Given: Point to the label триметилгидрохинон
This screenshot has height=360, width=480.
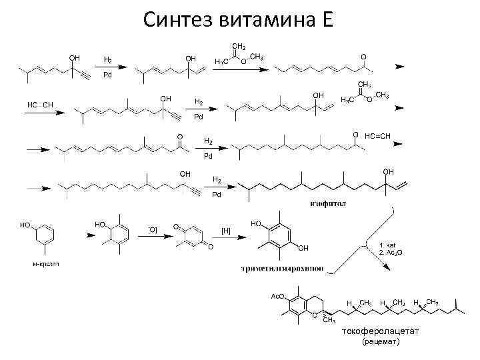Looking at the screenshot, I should tap(283, 269).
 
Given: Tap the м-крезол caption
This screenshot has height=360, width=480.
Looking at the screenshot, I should tap(46, 264).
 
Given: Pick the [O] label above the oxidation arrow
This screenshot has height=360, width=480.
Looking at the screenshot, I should tap(153, 229).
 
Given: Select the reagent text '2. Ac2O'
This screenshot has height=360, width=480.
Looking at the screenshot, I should tap(391, 254).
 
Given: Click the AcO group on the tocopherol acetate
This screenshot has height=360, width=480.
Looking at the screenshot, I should tap(277, 296).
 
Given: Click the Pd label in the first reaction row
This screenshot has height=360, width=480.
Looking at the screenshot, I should tap(107, 75).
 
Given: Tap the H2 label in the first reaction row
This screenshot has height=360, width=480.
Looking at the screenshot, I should tap(107, 60).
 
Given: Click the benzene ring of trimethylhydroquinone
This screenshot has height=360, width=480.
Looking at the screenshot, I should tap(280, 237).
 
